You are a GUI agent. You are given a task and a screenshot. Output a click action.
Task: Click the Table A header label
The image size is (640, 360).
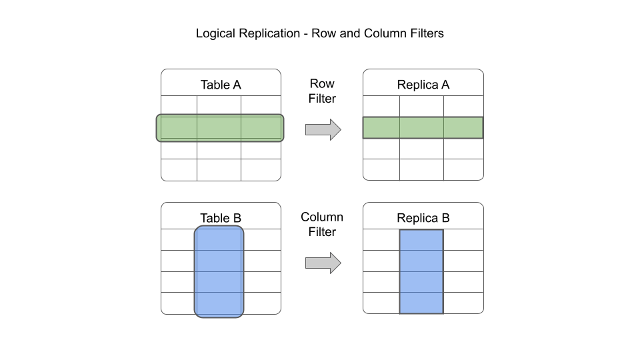coord(221,85)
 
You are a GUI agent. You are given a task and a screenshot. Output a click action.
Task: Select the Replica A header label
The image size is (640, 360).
coord(423,85)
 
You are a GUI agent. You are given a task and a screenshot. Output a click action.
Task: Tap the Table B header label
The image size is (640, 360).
coord(221,218)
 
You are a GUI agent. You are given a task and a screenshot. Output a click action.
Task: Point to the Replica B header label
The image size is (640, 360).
coord(423,218)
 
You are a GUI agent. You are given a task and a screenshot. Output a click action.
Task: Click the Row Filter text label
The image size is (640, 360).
coord(322,91)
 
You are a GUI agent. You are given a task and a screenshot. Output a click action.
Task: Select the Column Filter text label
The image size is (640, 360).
coord(322,225)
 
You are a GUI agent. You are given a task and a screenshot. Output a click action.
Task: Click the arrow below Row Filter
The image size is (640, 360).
coord(323,129)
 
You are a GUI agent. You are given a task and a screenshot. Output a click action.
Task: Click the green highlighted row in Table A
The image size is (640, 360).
coord(220,128)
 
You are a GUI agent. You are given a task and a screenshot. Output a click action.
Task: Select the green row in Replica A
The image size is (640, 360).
coord(423,128)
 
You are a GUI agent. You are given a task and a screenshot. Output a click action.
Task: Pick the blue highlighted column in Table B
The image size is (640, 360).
coord(219,271)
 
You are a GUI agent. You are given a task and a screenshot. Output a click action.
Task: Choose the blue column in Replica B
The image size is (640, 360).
coord(421,271)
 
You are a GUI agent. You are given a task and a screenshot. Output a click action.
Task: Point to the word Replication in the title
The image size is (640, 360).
coord(269,33)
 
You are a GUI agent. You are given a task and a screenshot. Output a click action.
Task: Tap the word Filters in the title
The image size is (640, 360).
coord(425,33)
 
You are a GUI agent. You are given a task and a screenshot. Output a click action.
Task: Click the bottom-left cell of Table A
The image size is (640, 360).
coord(179,170)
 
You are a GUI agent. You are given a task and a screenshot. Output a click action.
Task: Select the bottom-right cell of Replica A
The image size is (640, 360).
coord(463,170)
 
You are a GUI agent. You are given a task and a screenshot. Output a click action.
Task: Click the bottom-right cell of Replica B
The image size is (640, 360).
coord(463,303)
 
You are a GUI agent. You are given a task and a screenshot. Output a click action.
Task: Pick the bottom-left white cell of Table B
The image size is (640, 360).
coord(177,303)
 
